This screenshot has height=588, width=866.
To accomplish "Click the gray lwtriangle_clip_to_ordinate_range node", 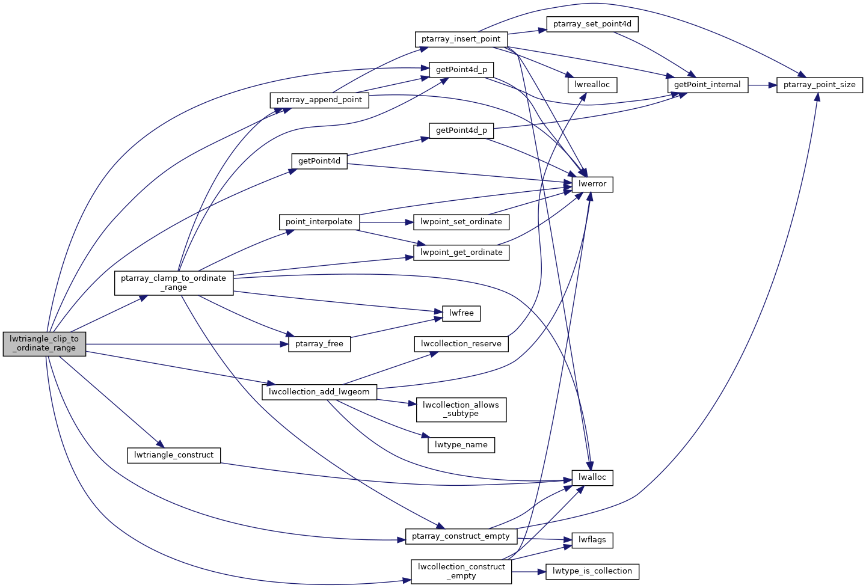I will pos(45,343).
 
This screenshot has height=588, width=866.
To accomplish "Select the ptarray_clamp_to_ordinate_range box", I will pos(174,283).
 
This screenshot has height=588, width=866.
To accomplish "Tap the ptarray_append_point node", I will pos(319,100).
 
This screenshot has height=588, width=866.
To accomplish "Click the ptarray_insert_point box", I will pos(461,39).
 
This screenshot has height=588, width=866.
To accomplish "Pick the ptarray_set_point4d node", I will pos(592,24).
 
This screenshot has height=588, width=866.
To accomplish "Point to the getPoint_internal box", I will pos(707,85).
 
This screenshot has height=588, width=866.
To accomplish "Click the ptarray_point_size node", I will pos(819,85).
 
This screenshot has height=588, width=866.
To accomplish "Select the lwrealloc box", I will pos(592,85).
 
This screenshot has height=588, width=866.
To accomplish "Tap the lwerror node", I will pos(592,184).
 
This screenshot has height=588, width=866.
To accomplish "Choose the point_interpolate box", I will pos(319,222).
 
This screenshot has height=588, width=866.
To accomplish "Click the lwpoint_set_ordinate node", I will pos(461,222).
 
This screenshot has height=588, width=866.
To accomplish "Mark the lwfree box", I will pos(461,313).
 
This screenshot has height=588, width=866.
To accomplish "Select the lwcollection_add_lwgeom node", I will pos(319,392).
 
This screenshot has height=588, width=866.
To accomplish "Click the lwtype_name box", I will pos(461,445).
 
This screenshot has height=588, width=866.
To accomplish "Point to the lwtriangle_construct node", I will pos(174,455).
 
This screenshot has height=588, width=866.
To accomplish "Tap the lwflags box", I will pos(592,540).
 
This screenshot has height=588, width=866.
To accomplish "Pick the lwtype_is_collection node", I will pos(592,571).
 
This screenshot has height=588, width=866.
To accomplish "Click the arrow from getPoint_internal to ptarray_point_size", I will pos(763,85).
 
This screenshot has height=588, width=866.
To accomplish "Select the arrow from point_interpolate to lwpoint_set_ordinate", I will pos(387,222).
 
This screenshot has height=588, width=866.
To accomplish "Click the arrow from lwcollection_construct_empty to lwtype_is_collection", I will pos(528,571).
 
